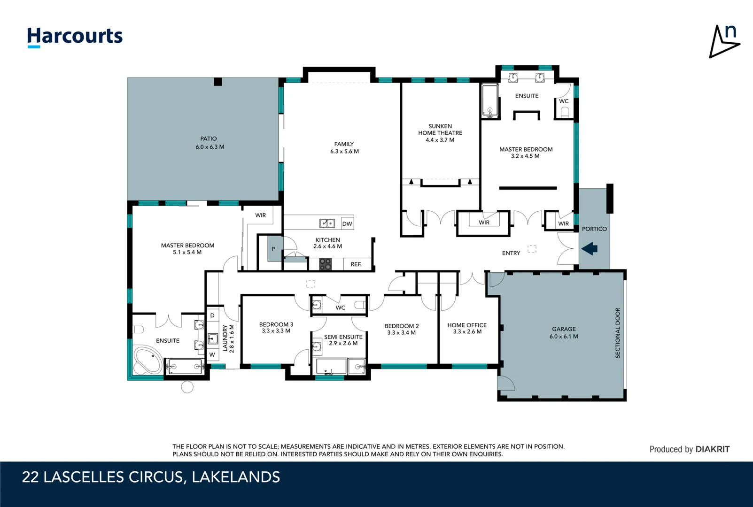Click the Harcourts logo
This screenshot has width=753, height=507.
click(x=75, y=37)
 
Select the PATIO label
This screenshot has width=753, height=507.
click(x=209, y=138)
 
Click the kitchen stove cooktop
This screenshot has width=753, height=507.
click(x=325, y=264)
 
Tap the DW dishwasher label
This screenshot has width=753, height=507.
click(x=347, y=223)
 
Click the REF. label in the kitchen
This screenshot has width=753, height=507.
click(x=356, y=264)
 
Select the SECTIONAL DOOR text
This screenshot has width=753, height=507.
click(x=618, y=333)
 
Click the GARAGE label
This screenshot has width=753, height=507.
click(x=564, y=329)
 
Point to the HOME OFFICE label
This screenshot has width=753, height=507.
click(x=467, y=325)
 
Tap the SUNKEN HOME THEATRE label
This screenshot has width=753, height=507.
click(x=440, y=130)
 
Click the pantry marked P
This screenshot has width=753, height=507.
click(x=273, y=249)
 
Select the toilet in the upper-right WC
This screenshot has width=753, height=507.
click(x=565, y=112)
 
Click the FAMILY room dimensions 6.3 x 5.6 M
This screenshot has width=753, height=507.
click(x=344, y=151)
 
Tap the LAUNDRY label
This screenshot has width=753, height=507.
click(x=225, y=338)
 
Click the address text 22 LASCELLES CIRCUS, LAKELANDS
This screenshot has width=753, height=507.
click(x=151, y=477)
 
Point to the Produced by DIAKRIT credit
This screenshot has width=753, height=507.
click(x=689, y=449)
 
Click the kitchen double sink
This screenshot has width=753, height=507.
click(x=327, y=223)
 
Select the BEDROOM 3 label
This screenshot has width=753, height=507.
click(x=276, y=324)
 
